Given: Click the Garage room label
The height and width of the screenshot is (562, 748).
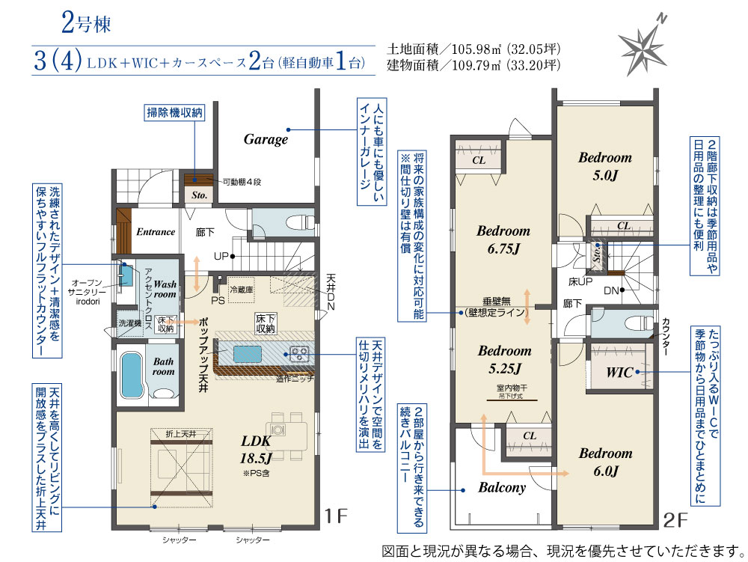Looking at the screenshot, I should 266,139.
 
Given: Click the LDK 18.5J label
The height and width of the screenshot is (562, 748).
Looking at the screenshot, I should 258,448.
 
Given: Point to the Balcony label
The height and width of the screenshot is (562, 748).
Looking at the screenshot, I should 502,487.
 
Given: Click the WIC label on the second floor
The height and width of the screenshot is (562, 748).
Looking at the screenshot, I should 620,373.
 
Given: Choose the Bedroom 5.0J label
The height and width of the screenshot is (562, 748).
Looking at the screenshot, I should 604,166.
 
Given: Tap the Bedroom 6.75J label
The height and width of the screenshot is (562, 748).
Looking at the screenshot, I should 503,239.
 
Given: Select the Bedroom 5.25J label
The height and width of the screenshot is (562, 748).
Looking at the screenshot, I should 504,358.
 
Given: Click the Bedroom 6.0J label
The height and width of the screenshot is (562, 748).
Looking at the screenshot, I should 605,462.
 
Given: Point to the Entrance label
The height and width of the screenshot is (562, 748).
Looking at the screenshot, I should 156,232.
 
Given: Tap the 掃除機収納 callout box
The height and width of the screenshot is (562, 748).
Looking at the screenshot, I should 174,114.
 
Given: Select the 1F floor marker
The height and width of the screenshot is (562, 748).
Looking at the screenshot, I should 336,516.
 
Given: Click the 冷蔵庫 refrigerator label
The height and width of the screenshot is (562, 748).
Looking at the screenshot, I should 242,288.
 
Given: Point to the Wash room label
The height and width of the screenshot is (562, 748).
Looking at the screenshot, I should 166,290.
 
